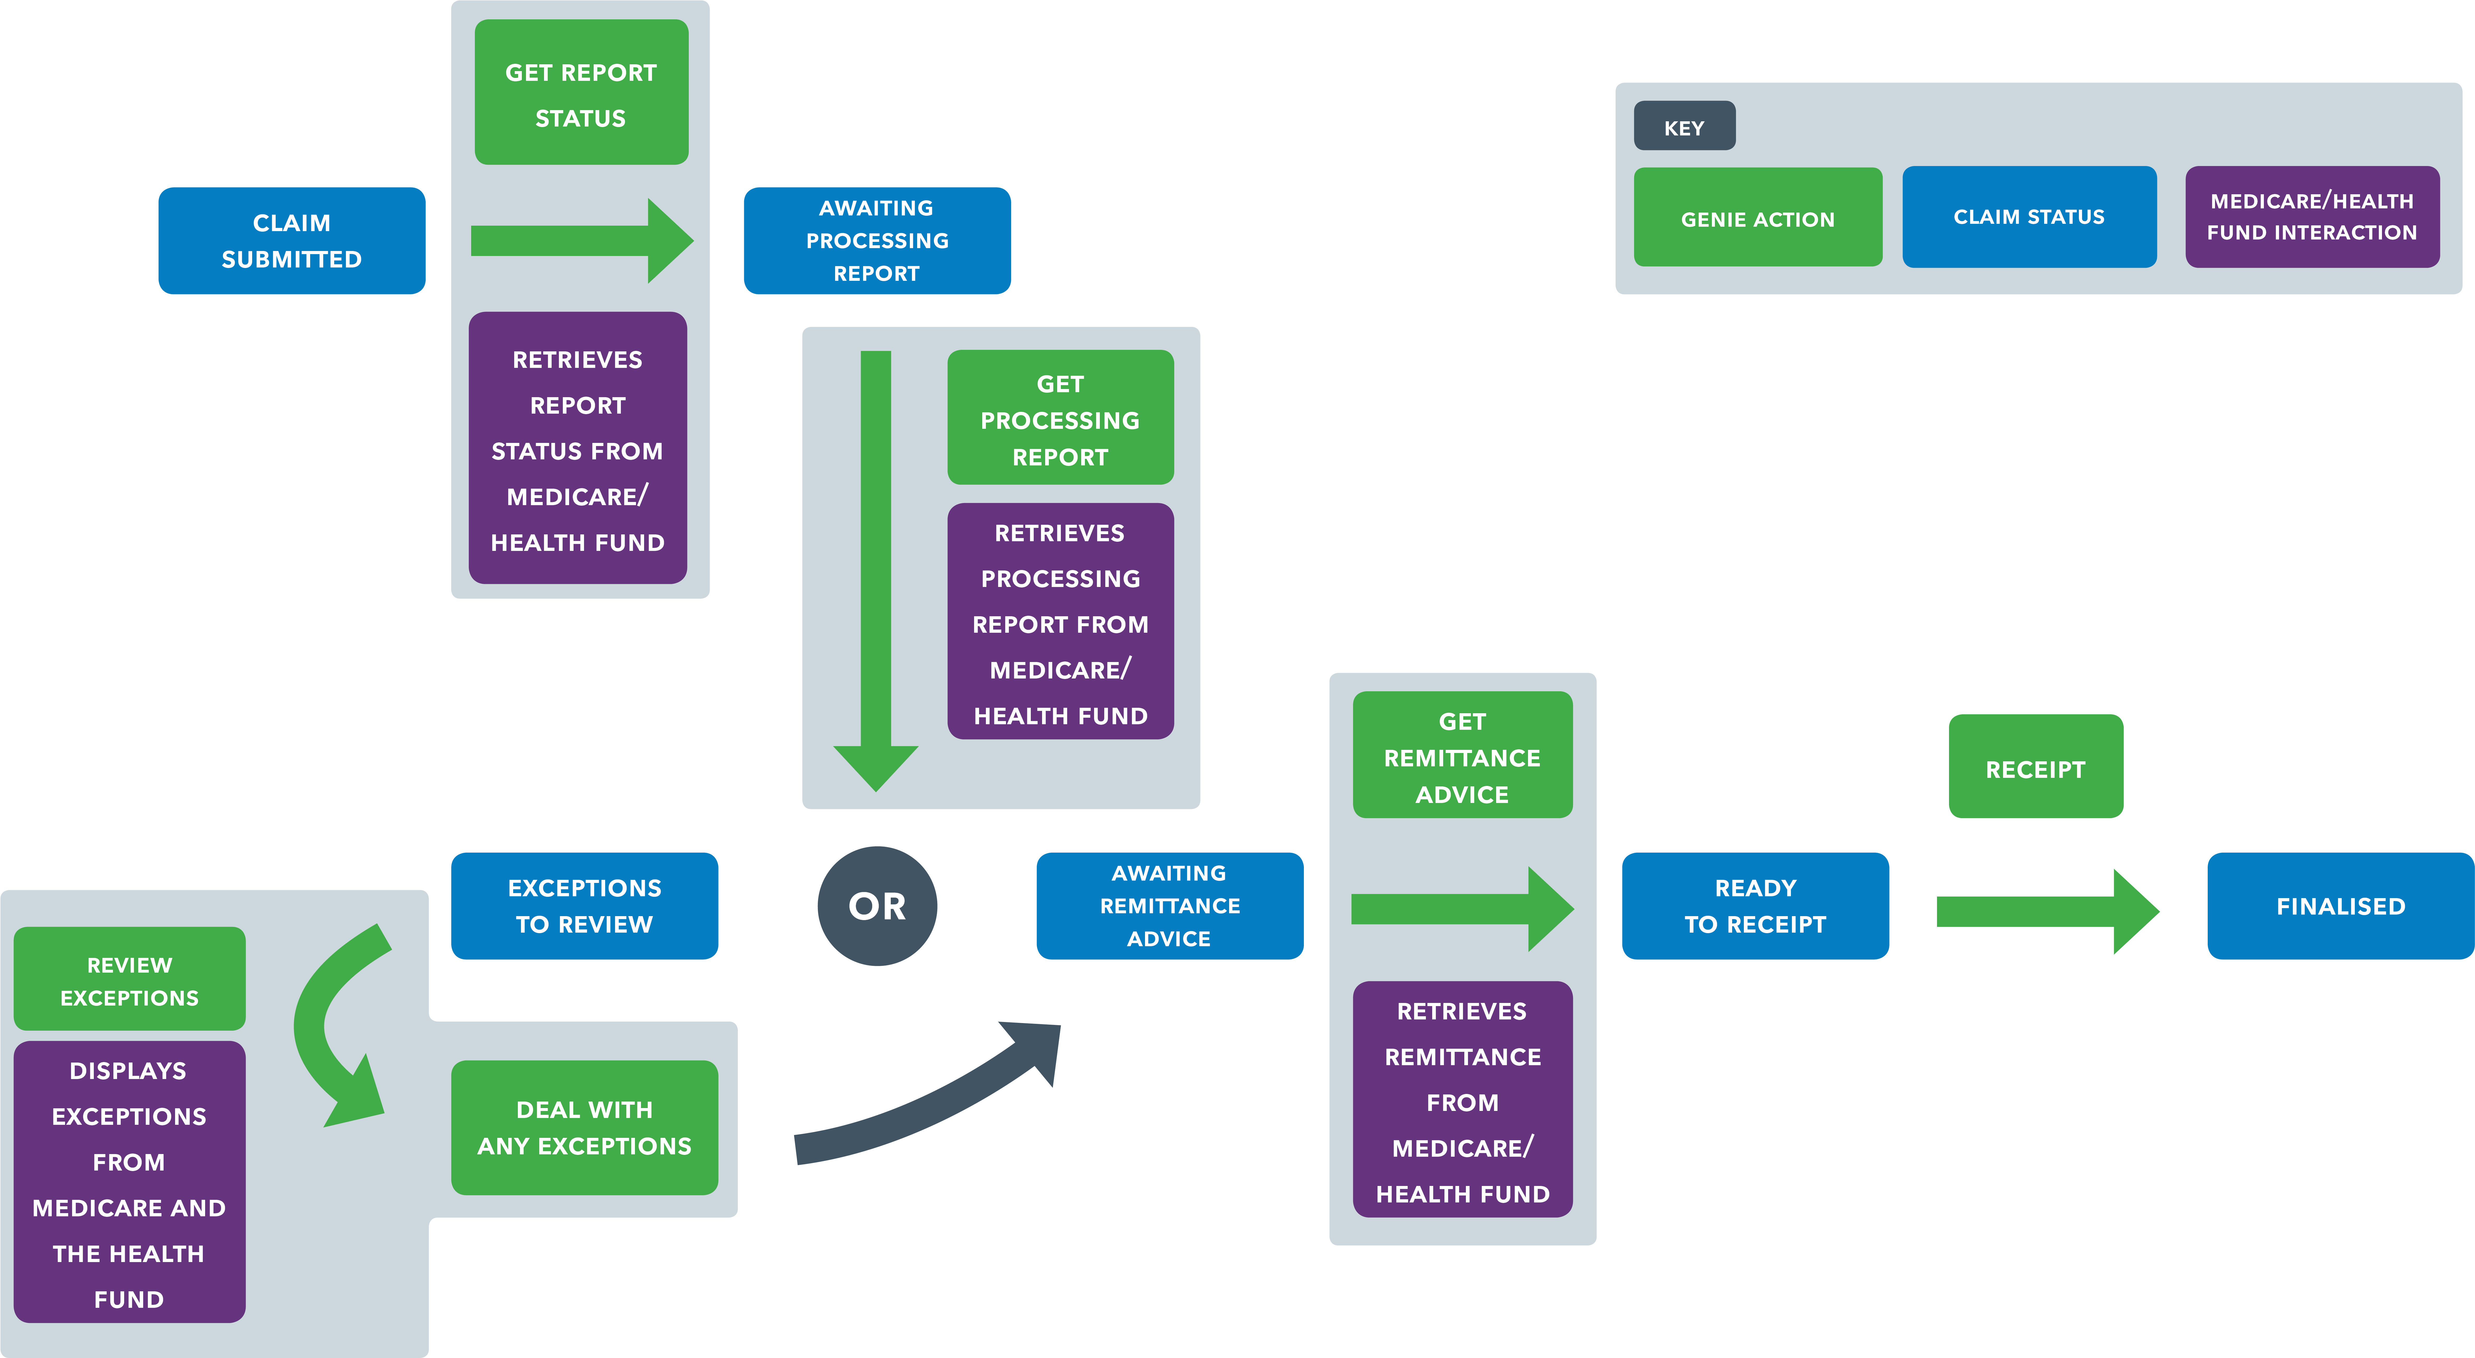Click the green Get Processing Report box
(1060, 418)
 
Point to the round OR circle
(876, 905)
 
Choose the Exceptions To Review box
(584, 905)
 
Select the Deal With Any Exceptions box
(584, 1127)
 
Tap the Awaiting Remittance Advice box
(1169, 905)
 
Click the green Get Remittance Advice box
(1462, 756)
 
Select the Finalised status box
(2340, 905)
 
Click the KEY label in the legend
(1684, 127)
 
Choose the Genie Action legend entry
(1757, 218)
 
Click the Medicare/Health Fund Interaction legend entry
(2312, 216)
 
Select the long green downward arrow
(875, 567)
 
